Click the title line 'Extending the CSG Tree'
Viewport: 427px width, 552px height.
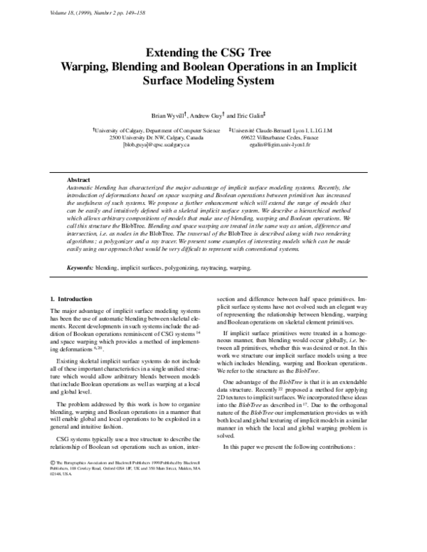pyautogui.click(x=214, y=53)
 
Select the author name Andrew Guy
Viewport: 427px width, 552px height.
pyautogui.click(x=206, y=115)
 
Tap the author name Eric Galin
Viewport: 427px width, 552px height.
pyautogui.click(x=251, y=115)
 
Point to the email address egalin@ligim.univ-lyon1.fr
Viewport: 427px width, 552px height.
pyautogui.click(x=275, y=145)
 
